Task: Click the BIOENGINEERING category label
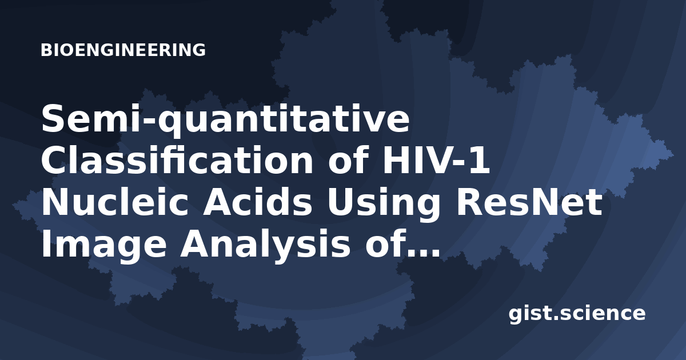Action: [123, 50]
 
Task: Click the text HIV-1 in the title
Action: [437, 161]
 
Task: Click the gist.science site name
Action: [577, 314]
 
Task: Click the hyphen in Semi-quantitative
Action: [148, 123]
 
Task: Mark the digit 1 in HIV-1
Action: [480, 161]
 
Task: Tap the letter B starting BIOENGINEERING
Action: [46, 50]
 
